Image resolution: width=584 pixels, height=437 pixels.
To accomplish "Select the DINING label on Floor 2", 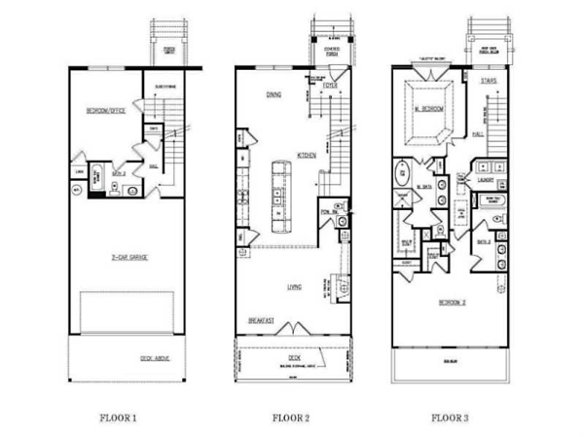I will click(274, 94).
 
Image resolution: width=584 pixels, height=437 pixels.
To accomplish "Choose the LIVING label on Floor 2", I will click(293, 287).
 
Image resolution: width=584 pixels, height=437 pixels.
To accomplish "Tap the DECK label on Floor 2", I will click(293, 357).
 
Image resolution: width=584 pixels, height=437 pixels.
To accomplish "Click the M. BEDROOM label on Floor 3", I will click(429, 109).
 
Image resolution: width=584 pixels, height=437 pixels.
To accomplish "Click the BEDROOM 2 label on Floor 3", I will click(451, 302).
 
